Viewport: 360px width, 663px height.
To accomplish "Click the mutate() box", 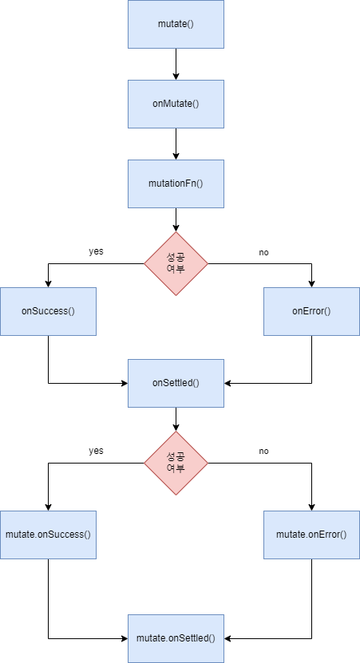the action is [176, 24].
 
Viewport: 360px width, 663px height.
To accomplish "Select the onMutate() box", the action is [176, 104].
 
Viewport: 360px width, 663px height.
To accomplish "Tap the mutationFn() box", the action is [176, 184].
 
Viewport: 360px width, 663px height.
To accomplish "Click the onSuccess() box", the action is [48, 312].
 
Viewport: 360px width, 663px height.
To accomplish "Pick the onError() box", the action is [312, 312].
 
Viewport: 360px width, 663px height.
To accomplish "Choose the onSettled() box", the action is [176, 384].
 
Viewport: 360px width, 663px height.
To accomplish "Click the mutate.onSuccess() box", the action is [48, 535].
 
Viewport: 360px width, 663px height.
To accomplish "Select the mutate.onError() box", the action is [312, 535].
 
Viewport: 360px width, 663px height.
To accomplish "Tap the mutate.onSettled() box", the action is [176, 638].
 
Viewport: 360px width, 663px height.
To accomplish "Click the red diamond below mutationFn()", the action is [176, 263].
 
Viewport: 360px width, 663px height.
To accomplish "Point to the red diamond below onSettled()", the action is [176, 463].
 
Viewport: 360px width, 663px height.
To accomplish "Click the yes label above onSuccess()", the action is [96, 251].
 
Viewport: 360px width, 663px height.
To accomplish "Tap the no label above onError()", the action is [263, 253].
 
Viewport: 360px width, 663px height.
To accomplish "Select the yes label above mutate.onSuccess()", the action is [96, 451].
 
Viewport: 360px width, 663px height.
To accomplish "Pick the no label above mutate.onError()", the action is [263, 452].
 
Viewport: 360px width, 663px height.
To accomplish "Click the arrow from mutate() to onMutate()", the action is [176, 64].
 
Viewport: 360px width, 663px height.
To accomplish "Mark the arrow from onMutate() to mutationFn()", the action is [176, 144].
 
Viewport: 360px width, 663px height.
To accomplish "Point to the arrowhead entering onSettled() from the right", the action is [227, 384].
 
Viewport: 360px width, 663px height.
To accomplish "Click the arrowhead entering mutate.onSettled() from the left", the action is [125, 638].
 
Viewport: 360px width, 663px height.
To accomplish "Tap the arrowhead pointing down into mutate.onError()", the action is [312, 507].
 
